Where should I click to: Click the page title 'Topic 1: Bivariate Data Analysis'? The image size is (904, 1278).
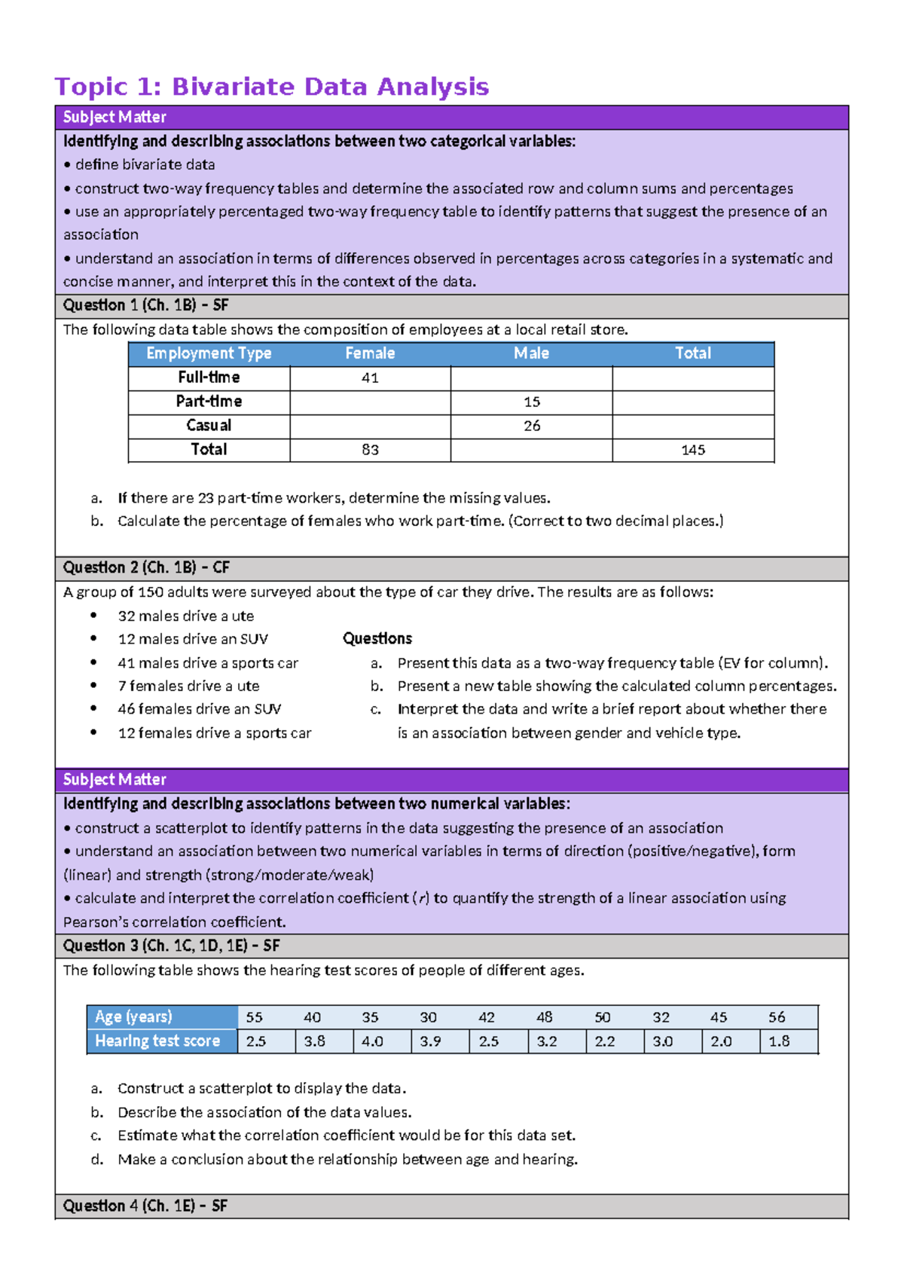(x=271, y=87)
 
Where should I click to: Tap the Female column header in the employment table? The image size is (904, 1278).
(x=370, y=353)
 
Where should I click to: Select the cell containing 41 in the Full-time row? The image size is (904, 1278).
(x=370, y=378)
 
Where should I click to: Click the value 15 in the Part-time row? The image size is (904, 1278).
(x=532, y=402)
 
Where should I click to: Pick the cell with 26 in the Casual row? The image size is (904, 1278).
(x=532, y=426)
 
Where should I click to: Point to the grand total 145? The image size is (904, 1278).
(x=693, y=450)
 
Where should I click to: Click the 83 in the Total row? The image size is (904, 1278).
(x=370, y=450)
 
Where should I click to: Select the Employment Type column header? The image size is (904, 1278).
(x=209, y=353)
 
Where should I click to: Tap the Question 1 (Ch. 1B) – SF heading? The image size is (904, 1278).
(x=145, y=305)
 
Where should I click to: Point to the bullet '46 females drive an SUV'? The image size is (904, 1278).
(x=199, y=709)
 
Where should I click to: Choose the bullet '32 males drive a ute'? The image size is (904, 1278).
(x=185, y=616)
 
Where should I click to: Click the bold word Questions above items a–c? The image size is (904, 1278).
(x=377, y=639)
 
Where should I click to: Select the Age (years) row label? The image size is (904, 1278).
(x=133, y=1017)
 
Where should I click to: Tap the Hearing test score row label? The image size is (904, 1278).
(x=157, y=1041)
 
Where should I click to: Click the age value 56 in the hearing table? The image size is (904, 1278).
(x=777, y=1017)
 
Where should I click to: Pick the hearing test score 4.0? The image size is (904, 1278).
(x=372, y=1041)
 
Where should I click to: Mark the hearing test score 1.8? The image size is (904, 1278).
(x=779, y=1041)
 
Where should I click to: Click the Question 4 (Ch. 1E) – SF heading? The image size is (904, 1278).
(x=145, y=1206)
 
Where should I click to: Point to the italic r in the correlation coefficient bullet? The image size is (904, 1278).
(x=423, y=898)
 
